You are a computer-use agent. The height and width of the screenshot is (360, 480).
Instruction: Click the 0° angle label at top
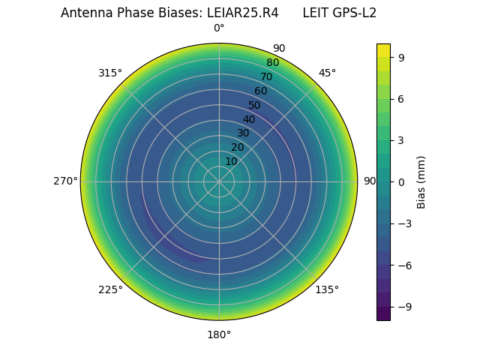coord(219,28)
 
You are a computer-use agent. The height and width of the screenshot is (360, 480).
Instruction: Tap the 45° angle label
coord(327,73)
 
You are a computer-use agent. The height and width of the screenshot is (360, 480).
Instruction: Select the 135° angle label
coord(327,289)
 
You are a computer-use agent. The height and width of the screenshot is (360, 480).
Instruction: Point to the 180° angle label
coord(219,334)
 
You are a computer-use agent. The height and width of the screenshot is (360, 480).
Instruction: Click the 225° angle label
coord(110,290)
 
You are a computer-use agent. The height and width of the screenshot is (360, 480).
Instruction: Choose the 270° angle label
coord(66,181)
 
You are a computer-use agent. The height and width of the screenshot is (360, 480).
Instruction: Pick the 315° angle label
coord(110,73)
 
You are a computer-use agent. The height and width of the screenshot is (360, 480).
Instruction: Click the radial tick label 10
coord(231,161)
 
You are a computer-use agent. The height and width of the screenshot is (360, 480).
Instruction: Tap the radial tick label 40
coord(249,119)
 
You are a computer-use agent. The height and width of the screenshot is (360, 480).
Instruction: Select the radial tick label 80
coord(273,62)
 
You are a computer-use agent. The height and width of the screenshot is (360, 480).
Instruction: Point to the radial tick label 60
coord(261,91)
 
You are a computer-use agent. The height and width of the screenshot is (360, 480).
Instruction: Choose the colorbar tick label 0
coord(402,181)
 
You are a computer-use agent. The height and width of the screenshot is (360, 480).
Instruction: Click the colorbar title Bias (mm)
coord(421,181)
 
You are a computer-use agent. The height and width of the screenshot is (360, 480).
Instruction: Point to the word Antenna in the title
coord(84,13)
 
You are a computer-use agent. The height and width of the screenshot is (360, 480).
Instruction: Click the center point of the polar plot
coord(219,181)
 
